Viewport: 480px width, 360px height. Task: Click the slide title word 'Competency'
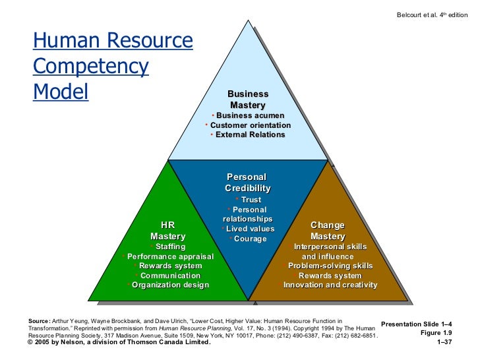(91, 67)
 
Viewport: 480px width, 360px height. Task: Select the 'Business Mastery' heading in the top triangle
(248, 100)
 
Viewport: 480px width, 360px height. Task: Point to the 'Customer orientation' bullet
(250, 125)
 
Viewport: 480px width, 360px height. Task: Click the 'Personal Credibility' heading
(247, 183)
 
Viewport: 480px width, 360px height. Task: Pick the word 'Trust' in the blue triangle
(251, 200)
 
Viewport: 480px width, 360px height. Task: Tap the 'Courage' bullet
(250, 239)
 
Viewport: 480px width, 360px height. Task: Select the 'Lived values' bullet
(250, 229)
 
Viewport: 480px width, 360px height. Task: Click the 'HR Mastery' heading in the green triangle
(168, 230)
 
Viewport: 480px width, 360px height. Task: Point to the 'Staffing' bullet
(170, 247)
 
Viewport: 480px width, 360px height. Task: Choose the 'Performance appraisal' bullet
(170, 256)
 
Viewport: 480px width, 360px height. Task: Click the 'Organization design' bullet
(170, 285)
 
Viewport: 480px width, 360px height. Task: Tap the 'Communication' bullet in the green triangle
(170, 276)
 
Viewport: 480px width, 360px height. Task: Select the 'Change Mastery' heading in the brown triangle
(328, 230)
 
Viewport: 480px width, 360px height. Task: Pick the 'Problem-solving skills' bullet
(330, 266)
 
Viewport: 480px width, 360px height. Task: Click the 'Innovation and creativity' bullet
(330, 285)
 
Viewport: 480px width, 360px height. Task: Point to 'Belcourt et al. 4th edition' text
(431, 15)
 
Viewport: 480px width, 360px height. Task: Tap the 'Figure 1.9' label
(442, 333)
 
